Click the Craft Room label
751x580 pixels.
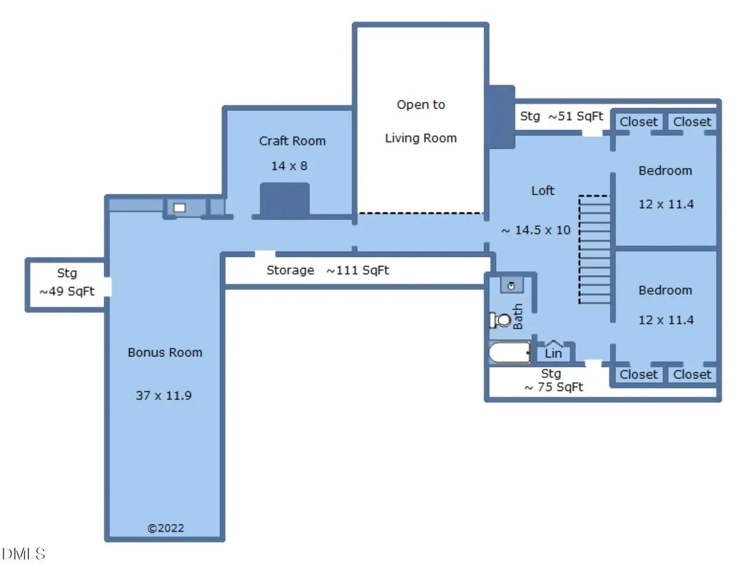coord(292,141)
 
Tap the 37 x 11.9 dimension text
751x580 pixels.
coord(164,396)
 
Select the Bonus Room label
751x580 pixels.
coord(165,352)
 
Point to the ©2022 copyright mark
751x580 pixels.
coord(166,528)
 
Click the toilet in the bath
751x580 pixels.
coord(500,319)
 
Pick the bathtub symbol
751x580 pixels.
coord(510,353)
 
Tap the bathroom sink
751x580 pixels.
coord(511,286)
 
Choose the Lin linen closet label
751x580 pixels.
coord(553,353)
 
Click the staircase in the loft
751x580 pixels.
coord(594,250)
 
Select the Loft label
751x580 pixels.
coord(543,191)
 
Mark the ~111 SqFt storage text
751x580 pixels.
coord(358,270)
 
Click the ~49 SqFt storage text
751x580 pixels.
coord(67,291)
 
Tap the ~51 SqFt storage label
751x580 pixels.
coord(576,116)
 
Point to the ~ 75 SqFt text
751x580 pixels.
coord(554,387)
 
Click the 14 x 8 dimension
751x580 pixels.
coord(289,166)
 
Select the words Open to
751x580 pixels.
coord(421,104)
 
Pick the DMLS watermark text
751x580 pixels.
coord(23,554)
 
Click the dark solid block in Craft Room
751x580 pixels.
coord(285,200)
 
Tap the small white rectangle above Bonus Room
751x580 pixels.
coord(180,208)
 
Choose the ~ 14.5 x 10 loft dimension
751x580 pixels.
coord(536,230)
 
